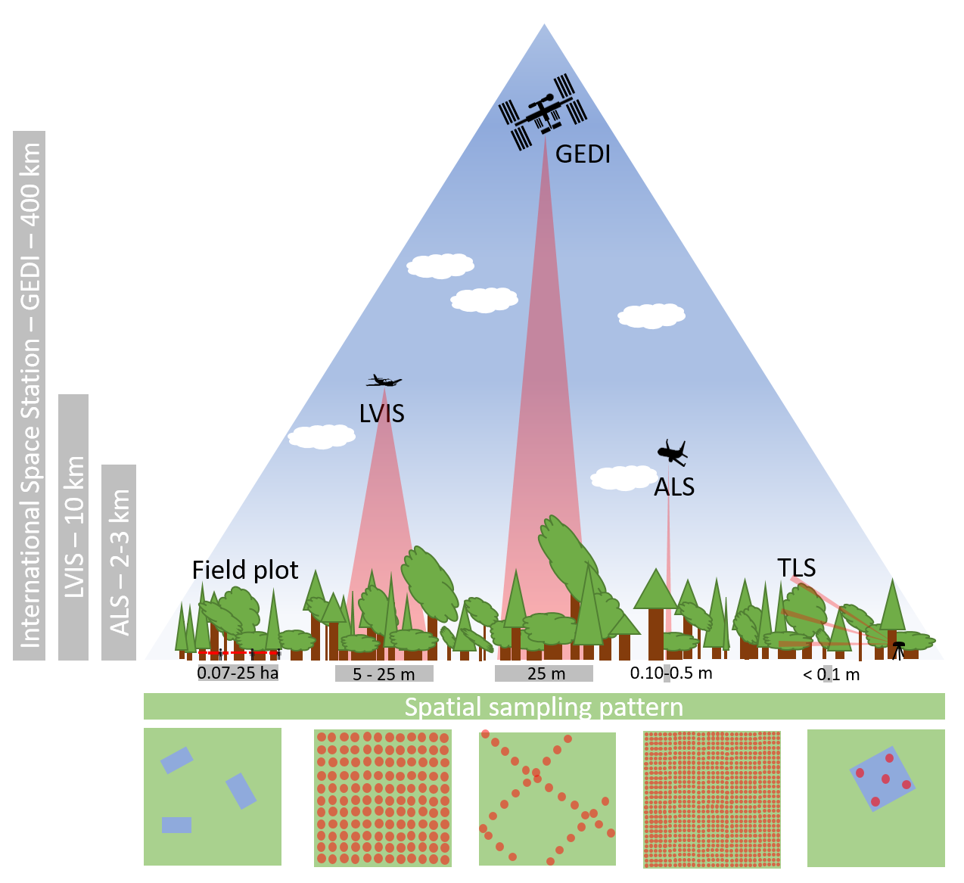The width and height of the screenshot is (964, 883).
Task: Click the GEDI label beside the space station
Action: tap(583, 154)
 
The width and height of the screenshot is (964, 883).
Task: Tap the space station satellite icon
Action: tap(543, 113)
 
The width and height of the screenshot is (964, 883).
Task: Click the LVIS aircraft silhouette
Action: tap(384, 381)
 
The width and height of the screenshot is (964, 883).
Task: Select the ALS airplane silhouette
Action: tap(672, 452)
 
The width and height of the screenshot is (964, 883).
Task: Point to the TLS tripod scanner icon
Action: tap(898, 649)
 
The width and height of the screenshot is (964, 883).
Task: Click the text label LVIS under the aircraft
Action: tap(381, 414)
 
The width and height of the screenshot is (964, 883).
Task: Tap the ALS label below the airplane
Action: tap(673, 487)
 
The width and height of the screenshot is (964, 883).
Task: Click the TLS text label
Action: tap(796, 567)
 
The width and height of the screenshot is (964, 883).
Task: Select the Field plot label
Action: tap(245, 570)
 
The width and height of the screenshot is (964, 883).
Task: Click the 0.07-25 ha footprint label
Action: tap(238, 673)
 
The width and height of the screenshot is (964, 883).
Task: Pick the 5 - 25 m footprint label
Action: tap(384, 674)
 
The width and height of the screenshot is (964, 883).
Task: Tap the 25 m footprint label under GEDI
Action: tap(545, 673)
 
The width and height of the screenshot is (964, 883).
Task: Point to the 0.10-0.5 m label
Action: tap(671, 673)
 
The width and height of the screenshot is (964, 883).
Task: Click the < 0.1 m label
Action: tap(831, 674)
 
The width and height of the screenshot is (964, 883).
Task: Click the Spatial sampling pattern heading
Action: tap(544, 707)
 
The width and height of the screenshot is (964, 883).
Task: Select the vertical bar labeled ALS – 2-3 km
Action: tap(119, 562)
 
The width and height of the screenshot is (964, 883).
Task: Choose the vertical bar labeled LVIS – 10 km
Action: tap(73, 527)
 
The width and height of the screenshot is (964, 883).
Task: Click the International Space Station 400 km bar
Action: tap(30, 395)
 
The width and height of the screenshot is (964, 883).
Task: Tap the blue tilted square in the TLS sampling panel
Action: tap(882, 779)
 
